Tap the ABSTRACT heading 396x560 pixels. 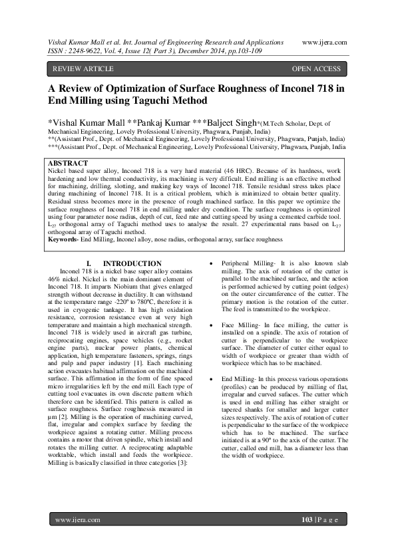tap(69, 163)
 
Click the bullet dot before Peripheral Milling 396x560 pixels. tap(211, 264)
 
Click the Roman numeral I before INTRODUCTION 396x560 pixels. tap(89, 264)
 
